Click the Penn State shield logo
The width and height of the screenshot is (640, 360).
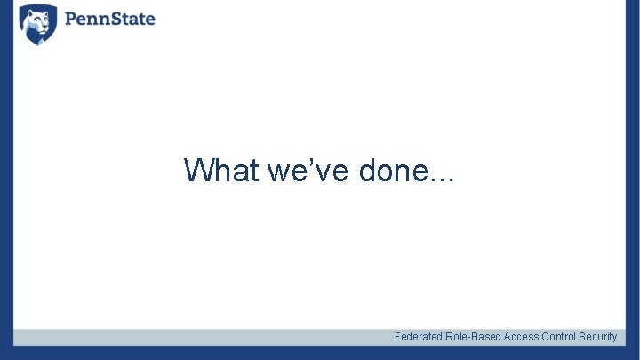tap(38, 24)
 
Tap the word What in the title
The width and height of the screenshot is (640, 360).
tap(220, 169)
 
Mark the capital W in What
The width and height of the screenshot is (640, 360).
tap(197, 169)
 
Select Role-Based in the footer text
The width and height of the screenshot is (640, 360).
tap(474, 337)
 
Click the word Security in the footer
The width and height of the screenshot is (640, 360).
tap(598, 337)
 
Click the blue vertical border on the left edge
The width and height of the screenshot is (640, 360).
tap(6, 178)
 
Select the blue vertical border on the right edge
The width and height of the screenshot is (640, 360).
tap(633, 178)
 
